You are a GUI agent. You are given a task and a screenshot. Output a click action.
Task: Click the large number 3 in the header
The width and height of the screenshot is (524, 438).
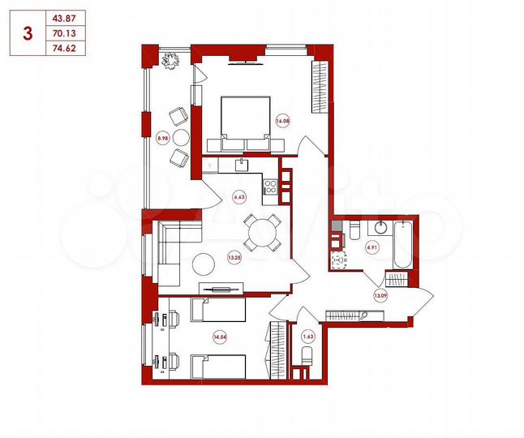point(29,33)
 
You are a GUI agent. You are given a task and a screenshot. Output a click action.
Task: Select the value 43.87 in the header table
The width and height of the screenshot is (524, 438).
point(61,19)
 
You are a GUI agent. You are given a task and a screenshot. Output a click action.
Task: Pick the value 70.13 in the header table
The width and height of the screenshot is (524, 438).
point(61,33)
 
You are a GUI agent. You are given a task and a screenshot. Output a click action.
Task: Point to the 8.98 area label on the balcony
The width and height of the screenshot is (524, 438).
point(162,139)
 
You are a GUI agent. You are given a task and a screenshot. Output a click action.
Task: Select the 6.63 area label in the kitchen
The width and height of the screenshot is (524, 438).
point(239,195)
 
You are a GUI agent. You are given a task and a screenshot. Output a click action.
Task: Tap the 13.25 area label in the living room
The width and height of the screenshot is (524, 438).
point(235,258)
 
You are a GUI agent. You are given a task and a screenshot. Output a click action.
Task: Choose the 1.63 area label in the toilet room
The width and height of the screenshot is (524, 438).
point(307,334)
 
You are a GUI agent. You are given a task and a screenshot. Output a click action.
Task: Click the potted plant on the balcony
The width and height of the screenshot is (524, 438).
point(170,60)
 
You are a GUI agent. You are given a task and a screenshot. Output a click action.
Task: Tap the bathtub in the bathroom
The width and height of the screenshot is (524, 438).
point(402,243)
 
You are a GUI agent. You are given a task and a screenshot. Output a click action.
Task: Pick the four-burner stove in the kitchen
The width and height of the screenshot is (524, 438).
point(272,187)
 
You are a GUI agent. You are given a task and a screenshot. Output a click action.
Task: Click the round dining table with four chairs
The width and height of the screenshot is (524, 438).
point(262,234)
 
